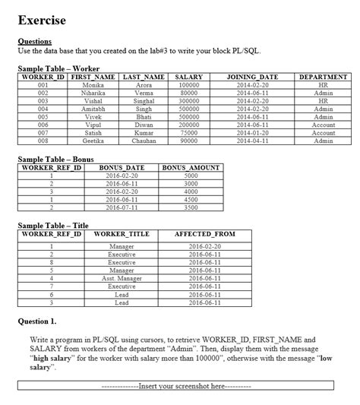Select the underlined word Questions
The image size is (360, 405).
click(x=34, y=41)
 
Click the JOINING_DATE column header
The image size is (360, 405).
click(x=253, y=78)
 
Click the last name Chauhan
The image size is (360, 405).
click(x=144, y=141)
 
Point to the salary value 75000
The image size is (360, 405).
click(x=188, y=133)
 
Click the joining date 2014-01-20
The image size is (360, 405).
click(x=253, y=133)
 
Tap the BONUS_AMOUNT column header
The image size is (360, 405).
click(x=191, y=167)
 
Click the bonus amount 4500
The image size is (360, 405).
click(x=191, y=199)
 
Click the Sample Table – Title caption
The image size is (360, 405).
click(x=53, y=226)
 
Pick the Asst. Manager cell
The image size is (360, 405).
click(x=122, y=279)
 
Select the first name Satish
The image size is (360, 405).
click(x=93, y=133)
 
